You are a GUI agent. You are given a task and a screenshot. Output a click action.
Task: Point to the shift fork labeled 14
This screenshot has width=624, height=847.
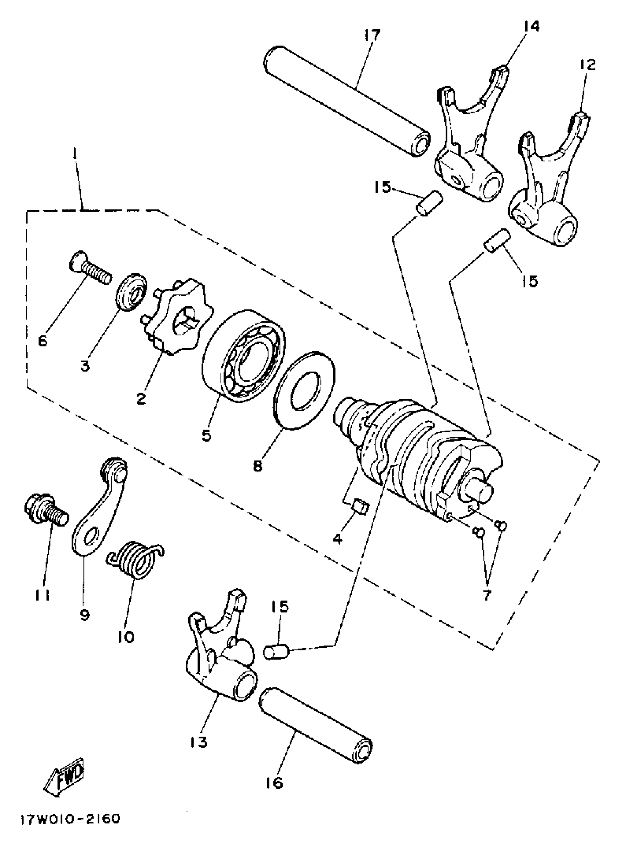point(468,143)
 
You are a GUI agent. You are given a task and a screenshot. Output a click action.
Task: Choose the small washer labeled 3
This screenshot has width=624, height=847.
point(130,292)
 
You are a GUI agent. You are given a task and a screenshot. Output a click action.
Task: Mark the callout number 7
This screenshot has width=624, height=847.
point(486,595)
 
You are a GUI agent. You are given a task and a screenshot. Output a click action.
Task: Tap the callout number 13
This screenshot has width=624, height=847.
point(199,742)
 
